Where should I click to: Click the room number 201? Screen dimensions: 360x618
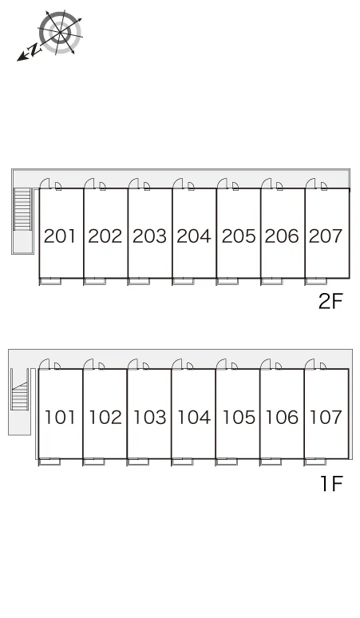click(60, 236)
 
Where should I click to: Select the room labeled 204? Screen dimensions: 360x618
click(194, 236)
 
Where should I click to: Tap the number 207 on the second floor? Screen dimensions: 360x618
click(326, 236)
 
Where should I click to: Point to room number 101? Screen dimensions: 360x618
click(60, 418)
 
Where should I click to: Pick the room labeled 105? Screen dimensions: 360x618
click(239, 418)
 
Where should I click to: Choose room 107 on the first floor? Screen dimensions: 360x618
click(326, 418)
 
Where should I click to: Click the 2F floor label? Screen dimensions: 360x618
click(330, 302)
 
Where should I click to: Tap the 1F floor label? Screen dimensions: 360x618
click(331, 484)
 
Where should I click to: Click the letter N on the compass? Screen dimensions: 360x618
click(34, 50)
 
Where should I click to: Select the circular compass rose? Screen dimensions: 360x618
click(60, 32)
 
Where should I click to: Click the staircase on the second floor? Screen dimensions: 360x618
click(22, 209)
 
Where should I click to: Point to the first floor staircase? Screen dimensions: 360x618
click(18, 395)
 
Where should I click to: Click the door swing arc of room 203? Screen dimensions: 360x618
click(133, 184)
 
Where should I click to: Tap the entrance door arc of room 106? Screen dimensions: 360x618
click(265, 364)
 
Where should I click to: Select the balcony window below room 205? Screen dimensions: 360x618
click(227, 281)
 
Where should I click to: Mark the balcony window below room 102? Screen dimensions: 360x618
click(93, 462)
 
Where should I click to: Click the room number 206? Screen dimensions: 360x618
click(282, 236)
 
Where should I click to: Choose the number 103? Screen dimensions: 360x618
click(150, 418)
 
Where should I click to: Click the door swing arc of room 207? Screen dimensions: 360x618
click(311, 184)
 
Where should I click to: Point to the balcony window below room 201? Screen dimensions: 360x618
click(50, 281)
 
